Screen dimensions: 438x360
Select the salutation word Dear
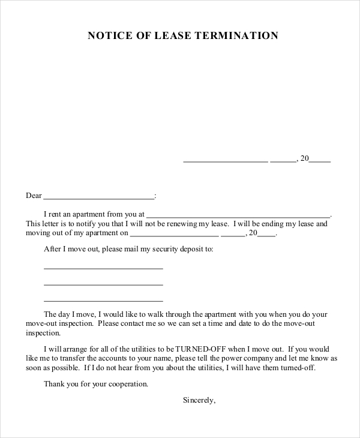click(x=34, y=196)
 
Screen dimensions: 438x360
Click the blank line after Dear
click(x=99, y=197)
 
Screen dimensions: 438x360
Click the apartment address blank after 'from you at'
click(x=238, y=215)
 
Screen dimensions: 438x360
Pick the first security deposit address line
click(x=103, y=268)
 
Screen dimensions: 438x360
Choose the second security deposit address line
click(x=103, y=284)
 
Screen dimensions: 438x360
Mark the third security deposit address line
click(x=103, y=300)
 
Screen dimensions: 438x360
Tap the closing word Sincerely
click(x=199, y=400)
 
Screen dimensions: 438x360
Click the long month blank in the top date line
click(x=225, y=161)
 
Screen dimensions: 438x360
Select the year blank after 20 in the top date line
click(x=320, y=161)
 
